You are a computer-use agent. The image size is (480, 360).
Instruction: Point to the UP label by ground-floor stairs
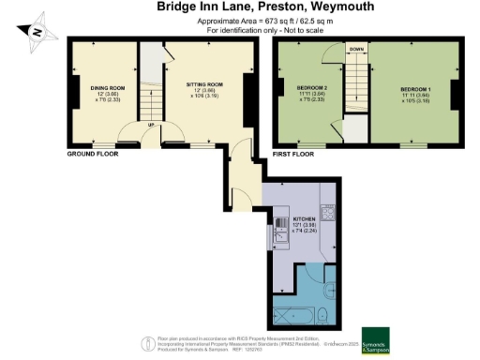[x=152, y=123]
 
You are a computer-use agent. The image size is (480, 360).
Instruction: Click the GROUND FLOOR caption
[x=92, y=152]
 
